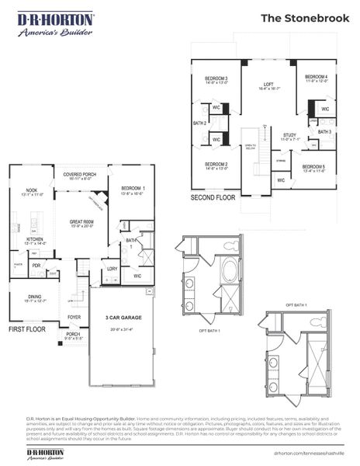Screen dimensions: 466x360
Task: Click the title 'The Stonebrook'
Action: coord(303,18)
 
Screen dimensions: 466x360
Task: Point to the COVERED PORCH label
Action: coord(79,175)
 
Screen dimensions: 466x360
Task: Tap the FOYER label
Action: coord(74,317)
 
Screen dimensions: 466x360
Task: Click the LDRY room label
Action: coord(112,269)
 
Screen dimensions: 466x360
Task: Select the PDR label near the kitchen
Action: coord(36,264)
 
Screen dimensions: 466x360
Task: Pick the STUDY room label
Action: coord(289,136)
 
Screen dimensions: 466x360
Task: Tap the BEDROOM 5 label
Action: coord(313,168)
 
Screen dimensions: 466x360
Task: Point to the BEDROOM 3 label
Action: coord(216,78)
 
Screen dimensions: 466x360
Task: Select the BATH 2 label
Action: coord(199,123)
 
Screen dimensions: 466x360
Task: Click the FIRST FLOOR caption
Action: coord(26,329)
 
